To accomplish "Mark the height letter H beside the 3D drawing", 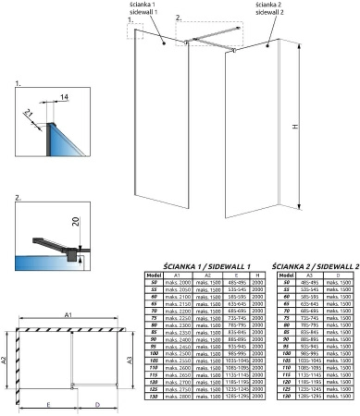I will coord(319,128).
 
